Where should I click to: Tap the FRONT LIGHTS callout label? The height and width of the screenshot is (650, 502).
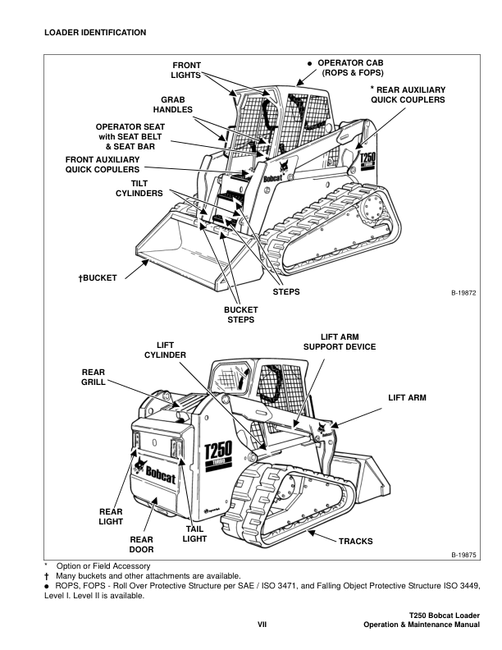[x=185, y=70]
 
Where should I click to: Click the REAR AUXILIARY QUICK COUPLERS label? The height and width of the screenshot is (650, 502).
[x=408, y=94]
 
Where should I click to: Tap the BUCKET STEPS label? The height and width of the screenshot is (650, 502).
[x=241, y=314]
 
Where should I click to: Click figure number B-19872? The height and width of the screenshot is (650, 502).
[x=463, y=292]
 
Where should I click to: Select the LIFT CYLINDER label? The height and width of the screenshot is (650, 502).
[x=165, y=350]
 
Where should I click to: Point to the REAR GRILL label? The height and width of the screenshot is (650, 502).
[x=94, y=377]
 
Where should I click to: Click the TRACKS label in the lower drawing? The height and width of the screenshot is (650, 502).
[x=355, y=542]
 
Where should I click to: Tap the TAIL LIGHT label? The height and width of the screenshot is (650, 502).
[x=194, y=534]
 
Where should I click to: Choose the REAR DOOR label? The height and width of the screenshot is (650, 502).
[x=142, y=544]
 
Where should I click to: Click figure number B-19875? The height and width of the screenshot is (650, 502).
[x=463, y=555]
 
